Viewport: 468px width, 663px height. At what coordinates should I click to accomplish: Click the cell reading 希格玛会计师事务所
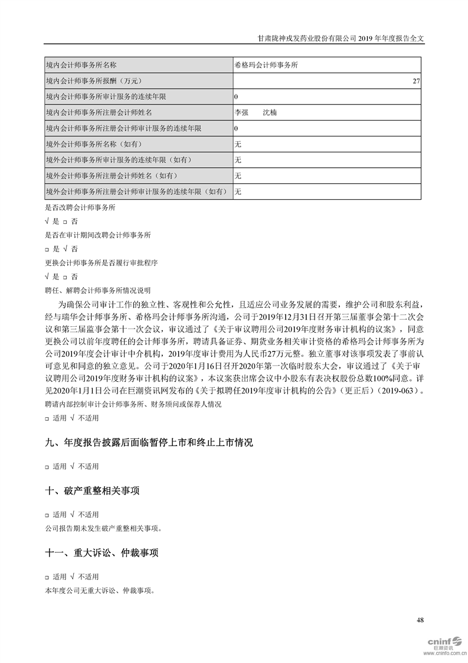click(x=266, y=64)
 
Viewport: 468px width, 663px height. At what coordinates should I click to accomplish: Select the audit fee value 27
click(x=416, y=80)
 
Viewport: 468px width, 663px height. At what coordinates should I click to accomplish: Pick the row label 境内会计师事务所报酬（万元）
click(x=94, y=80)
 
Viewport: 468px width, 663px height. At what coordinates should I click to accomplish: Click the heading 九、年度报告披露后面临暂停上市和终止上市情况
click(x=149, y=443)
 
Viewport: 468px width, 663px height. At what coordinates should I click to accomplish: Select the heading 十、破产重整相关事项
click(x=93, y=491)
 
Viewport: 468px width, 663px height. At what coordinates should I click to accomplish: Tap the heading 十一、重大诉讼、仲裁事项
click(x=102, y=553)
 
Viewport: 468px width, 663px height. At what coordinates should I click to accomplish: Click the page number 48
click(x=420, y=620)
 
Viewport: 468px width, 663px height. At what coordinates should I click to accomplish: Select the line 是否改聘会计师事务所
click(x=80, y=208)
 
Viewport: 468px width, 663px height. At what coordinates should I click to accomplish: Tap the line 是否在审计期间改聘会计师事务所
click(x=97, y=235)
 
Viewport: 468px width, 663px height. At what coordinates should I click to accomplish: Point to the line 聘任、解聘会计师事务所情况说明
click(x=97, y=290)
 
